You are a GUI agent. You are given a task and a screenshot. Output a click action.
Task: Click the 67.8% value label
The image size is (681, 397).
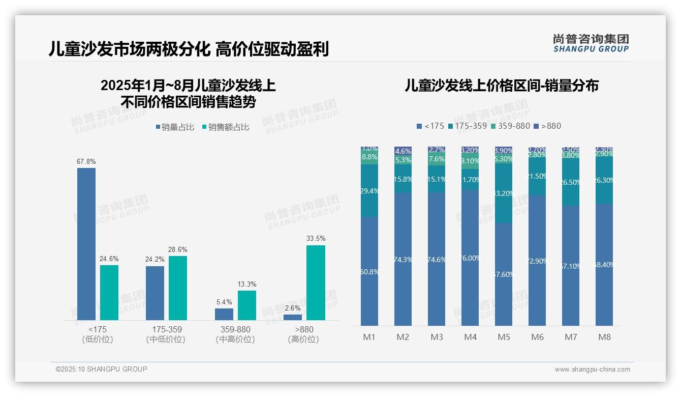(x=86, y=162)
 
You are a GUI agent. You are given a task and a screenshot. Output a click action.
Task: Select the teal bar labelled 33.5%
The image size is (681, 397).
(x=316, y=282)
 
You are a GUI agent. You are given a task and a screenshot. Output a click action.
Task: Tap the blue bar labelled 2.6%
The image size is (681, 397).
(x=293, y=317)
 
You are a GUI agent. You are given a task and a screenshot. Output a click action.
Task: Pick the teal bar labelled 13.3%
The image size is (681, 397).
(x=247, y=305)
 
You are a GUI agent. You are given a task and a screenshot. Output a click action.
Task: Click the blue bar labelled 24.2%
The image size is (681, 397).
(x=155, y=293)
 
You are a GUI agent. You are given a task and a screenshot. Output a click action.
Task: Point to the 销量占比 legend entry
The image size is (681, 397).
(x=175, y=127)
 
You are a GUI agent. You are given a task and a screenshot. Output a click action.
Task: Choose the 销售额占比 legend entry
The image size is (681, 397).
(x=226, y=127)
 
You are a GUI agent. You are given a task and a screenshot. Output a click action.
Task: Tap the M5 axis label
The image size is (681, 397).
(x=504, y=337)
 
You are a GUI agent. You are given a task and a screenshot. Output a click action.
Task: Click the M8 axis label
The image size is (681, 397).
(x=604, y=337)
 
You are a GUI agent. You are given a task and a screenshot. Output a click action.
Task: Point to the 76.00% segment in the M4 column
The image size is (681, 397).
(x=470, y=258)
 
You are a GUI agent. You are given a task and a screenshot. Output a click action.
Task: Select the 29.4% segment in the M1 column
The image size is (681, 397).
(x=369, y=191)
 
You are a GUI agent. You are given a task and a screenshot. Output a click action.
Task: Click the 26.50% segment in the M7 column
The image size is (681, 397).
(x=571, y=182)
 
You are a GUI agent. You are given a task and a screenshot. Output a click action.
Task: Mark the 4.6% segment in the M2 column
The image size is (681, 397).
(x=403, y=151)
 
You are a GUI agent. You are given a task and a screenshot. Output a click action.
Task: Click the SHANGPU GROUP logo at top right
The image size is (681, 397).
(x=591, y=43)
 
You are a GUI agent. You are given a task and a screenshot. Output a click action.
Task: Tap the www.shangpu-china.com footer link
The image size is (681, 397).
(x=592, y=370)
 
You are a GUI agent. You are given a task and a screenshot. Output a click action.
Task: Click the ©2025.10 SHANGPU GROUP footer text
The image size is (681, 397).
(x=102, y=369)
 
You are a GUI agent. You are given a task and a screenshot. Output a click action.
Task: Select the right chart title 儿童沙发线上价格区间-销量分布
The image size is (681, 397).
(x=501, y=86)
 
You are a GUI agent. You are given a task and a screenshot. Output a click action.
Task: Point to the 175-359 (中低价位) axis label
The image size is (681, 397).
(x=166, y=334)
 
